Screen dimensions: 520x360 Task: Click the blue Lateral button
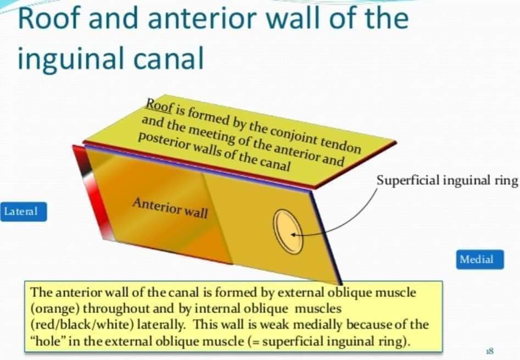(x=24, y=212)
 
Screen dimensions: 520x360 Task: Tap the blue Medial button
(x=479, y=259)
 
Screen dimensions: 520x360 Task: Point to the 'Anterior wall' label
(x=170, y=208)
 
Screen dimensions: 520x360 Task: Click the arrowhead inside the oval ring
(x=295, y=235)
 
